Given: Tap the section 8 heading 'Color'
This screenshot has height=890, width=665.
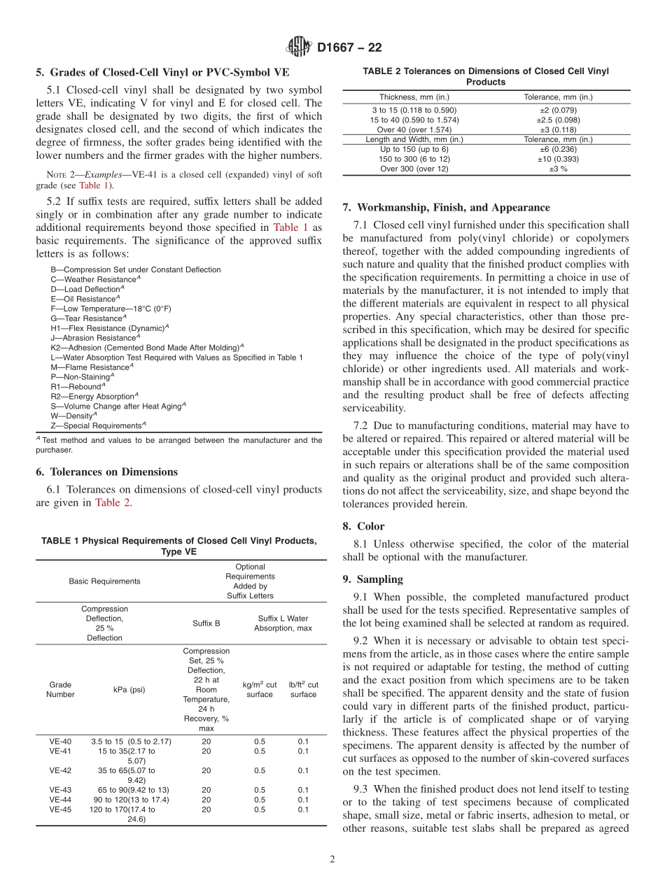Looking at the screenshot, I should pyautogui.click(x=370, y=526).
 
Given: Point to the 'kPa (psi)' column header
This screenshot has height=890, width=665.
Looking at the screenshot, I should pyautogui.click(x=129, y=689).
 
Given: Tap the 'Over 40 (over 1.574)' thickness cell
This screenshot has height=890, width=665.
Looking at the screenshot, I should pyautogui.click(x=414, y=129).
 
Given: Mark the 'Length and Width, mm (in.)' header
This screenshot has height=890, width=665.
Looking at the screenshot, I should pyautogui.click(x=414, y=139).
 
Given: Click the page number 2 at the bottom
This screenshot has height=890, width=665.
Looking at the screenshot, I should pyautogui.click(x=332, y=860).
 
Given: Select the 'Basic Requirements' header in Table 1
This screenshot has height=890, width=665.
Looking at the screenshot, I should pyautogui.click(x=104, y=581).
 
